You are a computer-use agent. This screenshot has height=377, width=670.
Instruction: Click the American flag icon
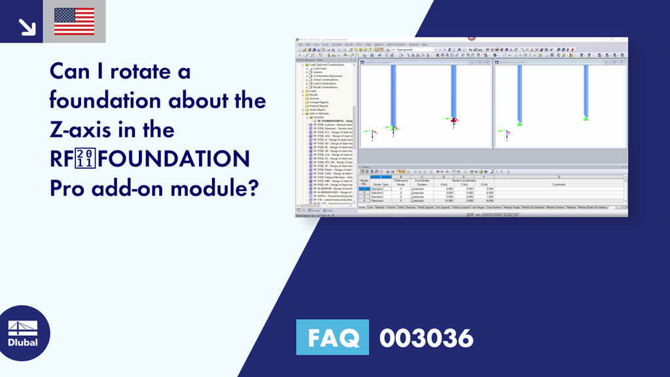[x=74, y=22]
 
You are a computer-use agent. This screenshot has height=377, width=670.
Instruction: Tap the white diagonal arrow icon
[x=26, y=26]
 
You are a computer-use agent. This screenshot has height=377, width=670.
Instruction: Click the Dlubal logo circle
[x=22, y=333]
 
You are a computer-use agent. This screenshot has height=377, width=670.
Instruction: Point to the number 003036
[x=426, y=338]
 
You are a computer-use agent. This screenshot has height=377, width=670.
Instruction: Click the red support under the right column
[x=451, y=120]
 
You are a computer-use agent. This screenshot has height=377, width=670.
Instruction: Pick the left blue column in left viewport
[x=393, y=95]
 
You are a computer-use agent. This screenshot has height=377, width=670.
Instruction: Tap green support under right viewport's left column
[x=520, y=123]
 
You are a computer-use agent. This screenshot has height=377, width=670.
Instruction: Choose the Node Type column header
[x=380, y=185]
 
